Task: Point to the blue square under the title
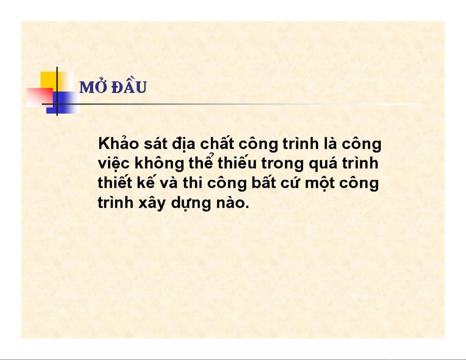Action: [63, 103]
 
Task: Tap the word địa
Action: [184, 144]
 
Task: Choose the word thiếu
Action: [237, 163]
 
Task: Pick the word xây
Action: [152, 203]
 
